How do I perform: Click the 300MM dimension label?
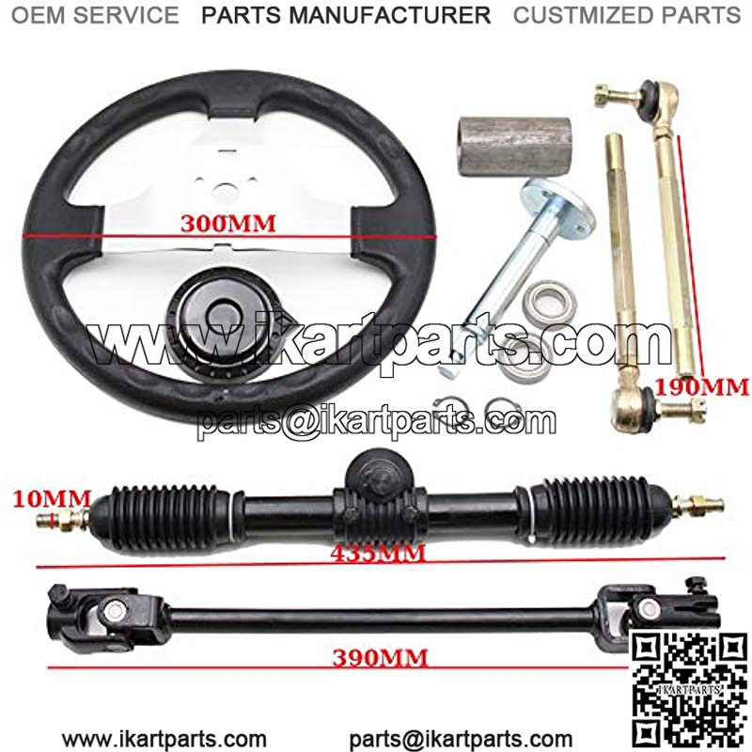[228, 224]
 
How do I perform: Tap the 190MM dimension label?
[701, 386]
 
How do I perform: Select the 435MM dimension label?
[378, 554]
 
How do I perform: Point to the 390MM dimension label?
[380, 658]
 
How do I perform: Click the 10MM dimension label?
[52, 499]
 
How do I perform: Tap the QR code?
[689, 690]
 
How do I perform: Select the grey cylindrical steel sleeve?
[514, 147]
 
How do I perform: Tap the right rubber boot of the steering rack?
[594, 508]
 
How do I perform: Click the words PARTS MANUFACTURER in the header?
[346, 15]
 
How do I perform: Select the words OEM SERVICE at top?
[95, 15]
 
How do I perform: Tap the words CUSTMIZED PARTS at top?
[627, 15]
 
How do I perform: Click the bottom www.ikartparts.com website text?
[164, 739]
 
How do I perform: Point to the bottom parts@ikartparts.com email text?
[461, 739]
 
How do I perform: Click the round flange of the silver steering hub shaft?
[559, 210]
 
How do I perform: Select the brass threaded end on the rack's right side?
[697, 505]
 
